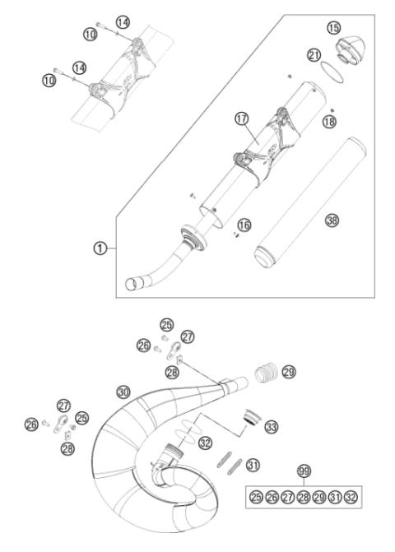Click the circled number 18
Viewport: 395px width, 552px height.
point(329,121)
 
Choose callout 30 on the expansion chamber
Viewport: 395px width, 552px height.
point(123,392)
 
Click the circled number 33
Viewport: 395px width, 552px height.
point(270,426)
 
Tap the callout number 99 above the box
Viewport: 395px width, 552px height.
point(305,471)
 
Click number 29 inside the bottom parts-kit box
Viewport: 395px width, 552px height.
point(321,497)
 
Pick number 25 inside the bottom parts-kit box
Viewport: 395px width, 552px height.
point(257,497)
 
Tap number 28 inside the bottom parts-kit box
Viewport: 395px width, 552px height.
point(304,497)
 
